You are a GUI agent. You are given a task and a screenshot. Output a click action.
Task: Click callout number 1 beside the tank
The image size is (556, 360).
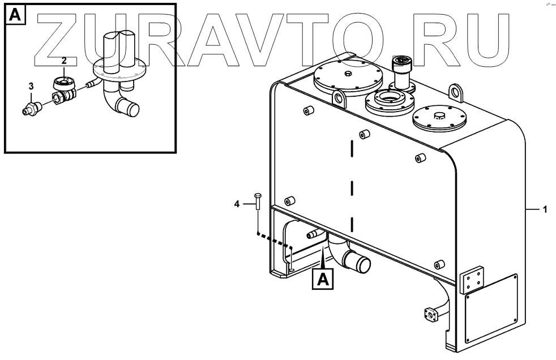[x=545, y=210]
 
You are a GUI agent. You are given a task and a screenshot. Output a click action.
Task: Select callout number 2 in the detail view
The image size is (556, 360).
[x=64, y=60]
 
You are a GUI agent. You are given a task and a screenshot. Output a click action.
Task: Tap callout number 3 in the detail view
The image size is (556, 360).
[x=31, y=86]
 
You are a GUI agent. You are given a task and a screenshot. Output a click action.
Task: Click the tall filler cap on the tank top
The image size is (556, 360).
[x=404, y=70]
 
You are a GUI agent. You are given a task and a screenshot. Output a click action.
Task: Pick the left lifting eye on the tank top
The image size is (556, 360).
[x=340, y=98]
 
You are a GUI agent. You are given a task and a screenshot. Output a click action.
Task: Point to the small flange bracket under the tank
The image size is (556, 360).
[x=431, y=314]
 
